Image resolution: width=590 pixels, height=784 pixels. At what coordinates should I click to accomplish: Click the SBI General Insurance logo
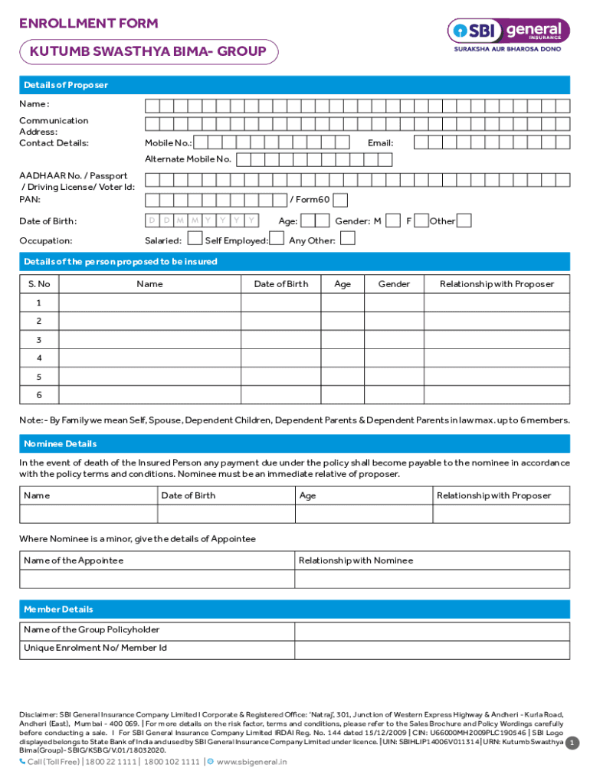[508, 31]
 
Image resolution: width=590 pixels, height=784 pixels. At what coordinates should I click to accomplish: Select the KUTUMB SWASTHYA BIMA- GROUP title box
[148, 52]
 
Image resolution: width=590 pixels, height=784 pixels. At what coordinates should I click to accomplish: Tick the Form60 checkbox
[340, 200]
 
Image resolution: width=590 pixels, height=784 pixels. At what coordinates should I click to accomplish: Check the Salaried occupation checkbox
[193, 240]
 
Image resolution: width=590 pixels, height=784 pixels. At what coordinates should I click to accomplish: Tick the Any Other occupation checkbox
[347, 239]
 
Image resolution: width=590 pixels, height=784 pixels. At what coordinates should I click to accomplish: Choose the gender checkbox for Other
[464, 220]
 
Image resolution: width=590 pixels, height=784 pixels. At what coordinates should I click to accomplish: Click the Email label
[380, 143]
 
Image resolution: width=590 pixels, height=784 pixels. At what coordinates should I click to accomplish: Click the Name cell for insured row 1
[149, 302]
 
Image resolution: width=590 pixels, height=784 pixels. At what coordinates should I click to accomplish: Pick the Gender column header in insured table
[394, 284]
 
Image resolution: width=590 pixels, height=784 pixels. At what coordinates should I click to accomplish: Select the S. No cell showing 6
[39, 395]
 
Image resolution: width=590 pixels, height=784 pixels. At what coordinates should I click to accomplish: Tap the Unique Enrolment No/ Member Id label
[95, 648]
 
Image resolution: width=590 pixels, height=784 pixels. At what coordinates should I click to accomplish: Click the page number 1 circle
[571, 743]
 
